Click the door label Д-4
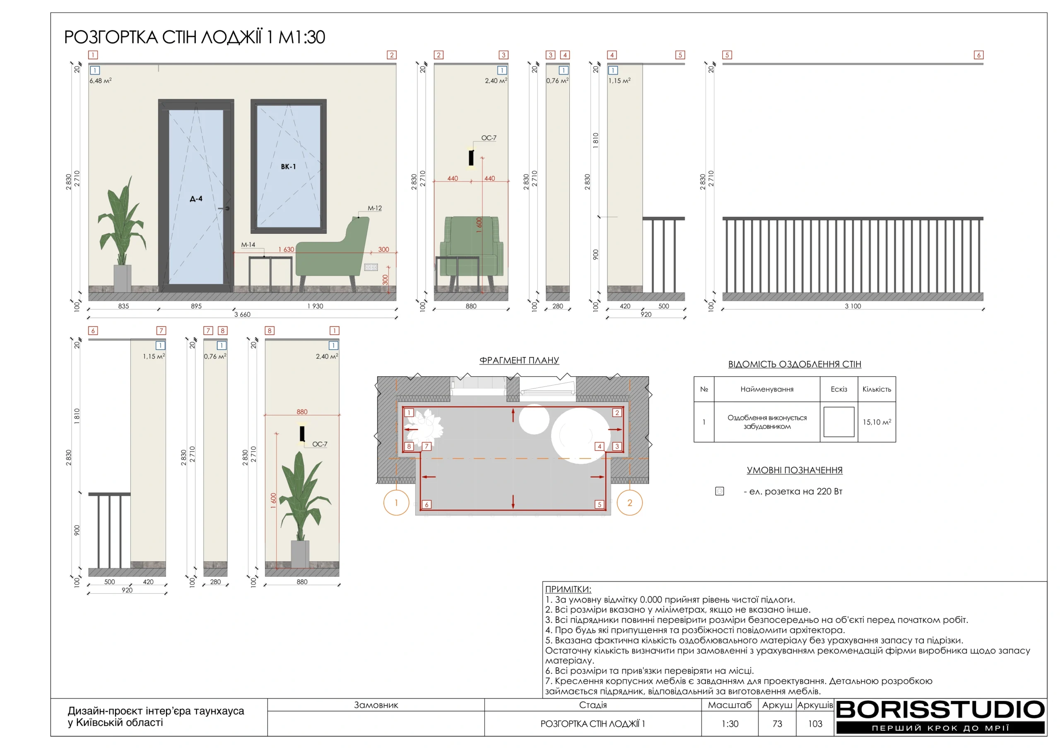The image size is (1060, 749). pos(196,199)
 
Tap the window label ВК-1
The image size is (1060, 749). pos(288,167)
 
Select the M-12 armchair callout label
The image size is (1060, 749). pos(374,208)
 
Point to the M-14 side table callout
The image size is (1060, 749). pos(248,245)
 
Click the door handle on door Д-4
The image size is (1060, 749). pos(224,209)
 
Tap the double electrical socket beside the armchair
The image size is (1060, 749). pos(371,267)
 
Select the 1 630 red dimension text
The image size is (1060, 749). pos(286,249)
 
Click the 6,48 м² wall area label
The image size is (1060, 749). pos(100,80)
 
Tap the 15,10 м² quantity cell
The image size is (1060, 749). pos(876,422)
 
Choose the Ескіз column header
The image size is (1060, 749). pos(838,389)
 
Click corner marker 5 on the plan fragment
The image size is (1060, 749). pos(599,504)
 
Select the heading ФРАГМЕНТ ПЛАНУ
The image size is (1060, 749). pos(519,360)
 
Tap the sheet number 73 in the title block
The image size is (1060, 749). pos(777,724)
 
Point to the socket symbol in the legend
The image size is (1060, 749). pos(719,491)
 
